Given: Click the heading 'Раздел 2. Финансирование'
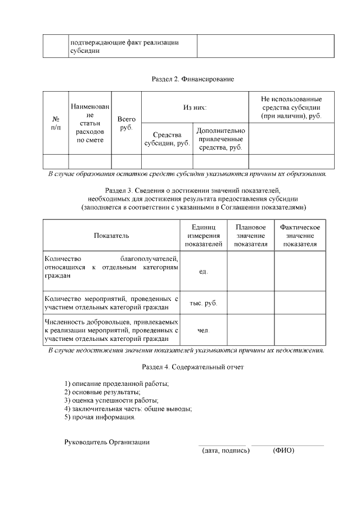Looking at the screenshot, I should (x=192, y=79).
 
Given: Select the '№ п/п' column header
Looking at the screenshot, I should (x=56, y=124).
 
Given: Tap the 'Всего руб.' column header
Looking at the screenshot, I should (x=126, y=124).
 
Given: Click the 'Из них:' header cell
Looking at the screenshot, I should (x=195, y=107).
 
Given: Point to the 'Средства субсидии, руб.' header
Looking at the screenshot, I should (x=166, y=139).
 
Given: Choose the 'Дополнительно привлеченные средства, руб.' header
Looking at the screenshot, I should (x=220, y=139).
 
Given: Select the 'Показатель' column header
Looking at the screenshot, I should (x=111, y=235).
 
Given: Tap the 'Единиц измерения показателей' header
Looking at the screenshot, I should (x=204, y=235).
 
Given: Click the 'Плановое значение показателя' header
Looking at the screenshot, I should (x=251, y=235).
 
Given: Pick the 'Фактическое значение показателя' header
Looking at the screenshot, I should (x=300, y=235).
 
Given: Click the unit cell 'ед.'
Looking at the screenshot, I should (x=204, y=272).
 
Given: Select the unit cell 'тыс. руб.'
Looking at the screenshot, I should (x=204, y=303).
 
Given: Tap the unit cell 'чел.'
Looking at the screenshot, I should (x=204, y=331).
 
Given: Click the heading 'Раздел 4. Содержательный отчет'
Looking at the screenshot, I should (x=192, y=367).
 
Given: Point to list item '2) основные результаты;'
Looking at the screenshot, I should (x=102, y=391).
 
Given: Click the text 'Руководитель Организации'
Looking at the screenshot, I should (x=107, y=442).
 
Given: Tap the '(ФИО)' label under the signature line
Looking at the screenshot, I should (x=283, y=451).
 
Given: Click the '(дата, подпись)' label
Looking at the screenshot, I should (x=225, y=451).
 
